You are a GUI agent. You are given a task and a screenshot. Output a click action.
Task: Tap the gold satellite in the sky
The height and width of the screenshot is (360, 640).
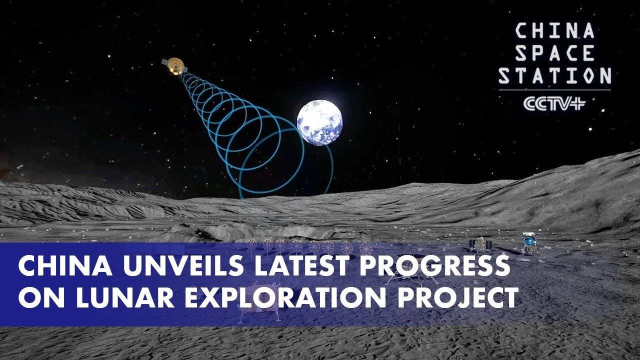173,66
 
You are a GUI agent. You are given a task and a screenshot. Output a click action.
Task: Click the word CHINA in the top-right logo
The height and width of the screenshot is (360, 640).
554,31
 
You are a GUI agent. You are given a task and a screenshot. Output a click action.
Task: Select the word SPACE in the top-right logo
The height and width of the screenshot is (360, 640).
554,53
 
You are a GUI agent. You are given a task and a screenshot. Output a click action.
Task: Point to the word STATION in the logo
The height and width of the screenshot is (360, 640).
554,76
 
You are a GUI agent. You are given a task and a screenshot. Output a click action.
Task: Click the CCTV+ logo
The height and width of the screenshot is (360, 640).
554,103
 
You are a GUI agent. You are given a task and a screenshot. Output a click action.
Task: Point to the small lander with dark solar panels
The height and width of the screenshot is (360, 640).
480,244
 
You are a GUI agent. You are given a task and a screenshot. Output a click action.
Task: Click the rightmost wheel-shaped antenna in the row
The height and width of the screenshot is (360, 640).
366,247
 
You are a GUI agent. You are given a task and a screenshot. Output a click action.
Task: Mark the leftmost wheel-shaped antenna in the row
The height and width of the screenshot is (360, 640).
252,244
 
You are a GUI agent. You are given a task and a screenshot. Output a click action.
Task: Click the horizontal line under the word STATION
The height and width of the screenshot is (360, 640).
554,90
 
